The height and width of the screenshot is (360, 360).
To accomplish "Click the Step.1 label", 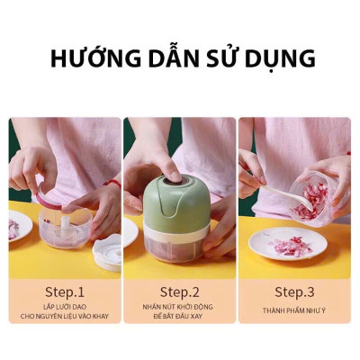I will click(65, 292).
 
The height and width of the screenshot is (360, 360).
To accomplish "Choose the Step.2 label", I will click(179, 292).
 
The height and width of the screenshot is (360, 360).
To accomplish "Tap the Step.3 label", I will click(294, 292).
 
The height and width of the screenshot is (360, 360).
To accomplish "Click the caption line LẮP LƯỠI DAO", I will click(65, 308).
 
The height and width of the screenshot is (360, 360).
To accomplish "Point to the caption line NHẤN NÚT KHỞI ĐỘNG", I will click(179, 308).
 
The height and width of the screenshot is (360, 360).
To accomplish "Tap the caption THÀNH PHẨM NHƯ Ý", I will click(294, 310).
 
